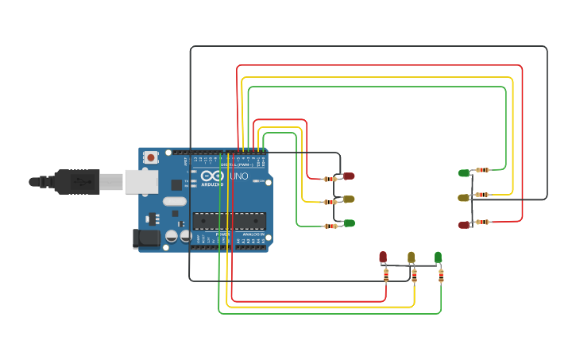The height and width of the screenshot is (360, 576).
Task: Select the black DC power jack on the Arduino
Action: point(146,237)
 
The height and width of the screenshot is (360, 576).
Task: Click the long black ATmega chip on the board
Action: point(229,220)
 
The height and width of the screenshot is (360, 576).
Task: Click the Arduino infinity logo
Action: point(211,176)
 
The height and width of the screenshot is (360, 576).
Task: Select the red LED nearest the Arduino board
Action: point(348,176)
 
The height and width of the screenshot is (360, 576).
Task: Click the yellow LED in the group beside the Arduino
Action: point(348,199)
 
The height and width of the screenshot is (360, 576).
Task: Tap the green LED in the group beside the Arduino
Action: point(348,223)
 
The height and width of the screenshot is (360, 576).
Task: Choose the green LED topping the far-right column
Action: point(464,172)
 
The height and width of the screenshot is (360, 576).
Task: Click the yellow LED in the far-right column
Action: point(464,197)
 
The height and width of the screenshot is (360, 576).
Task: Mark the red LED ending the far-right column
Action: point(464,225)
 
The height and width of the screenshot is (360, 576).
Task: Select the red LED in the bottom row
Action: point(383,257)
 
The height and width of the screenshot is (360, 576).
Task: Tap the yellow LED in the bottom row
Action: point(411,257)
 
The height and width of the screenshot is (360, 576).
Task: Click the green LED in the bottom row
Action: point(438,256)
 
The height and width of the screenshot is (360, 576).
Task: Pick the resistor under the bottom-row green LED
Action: point(441,276)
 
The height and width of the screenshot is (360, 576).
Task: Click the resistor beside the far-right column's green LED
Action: point(482,170)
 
